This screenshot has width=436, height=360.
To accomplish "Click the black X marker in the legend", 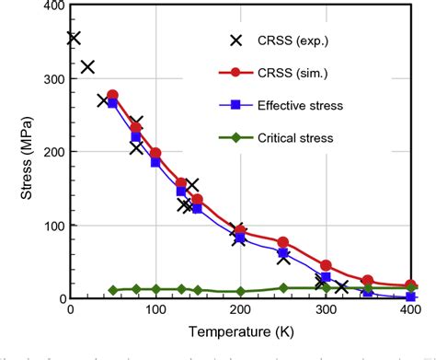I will point(236,40).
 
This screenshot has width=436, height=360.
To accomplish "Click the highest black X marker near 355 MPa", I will point(74,38).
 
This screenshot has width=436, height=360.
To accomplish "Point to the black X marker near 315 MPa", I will point(87,67).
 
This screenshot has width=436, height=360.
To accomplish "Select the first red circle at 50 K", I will point(112,95).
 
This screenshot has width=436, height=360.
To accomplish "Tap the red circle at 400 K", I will point(410,285).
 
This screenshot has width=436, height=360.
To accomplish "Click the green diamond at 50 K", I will point(112,290).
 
